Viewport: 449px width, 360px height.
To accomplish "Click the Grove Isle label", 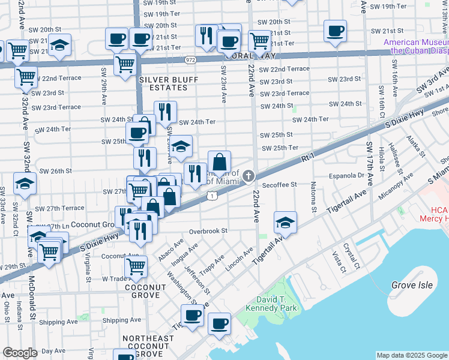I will tap(412, 286).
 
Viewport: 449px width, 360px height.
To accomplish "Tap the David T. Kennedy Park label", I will tap(268, 303).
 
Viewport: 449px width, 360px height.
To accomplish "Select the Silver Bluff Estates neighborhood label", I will tap(163, 83).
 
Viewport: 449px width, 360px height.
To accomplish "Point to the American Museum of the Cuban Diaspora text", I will tap(416, 46).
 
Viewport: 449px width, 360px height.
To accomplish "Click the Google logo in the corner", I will tap(20, 353).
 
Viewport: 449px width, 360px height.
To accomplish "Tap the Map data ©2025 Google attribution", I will tap(411, 355).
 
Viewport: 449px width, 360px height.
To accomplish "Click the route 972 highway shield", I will tap(190, 60).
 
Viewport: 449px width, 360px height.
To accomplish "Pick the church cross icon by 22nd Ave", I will tap(249, 176).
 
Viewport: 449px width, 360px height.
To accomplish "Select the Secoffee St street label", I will tap(279, 185).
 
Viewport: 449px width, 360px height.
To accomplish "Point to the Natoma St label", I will tap(313, 200).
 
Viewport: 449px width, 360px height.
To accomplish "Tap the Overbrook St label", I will tap(208, 230).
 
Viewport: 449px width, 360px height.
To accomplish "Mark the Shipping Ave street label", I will tap(121, 320).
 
